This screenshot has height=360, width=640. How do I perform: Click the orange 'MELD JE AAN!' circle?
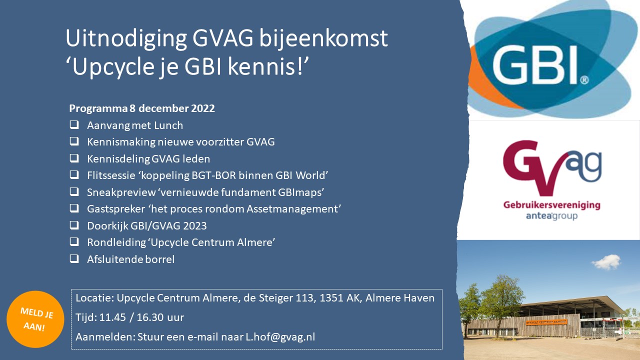(35, 319)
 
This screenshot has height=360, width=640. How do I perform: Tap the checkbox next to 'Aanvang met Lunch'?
(74, 125)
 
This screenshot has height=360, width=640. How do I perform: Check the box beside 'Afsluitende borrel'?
(74, 258)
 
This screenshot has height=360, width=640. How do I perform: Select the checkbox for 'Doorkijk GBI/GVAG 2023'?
(74, 225)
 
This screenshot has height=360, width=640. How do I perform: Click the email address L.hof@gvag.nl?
(280, 337)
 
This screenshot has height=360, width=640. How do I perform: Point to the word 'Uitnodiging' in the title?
(126, 39)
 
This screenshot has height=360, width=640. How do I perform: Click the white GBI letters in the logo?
(534, 65)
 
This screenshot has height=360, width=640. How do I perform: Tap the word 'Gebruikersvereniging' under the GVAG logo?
(551, 205)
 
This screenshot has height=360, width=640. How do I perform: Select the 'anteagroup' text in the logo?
(551, 216)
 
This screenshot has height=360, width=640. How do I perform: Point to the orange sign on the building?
(546, 322)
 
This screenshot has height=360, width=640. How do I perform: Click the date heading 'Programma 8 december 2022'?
(142, 108)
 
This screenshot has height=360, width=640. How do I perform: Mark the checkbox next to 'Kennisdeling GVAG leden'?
(74, 158)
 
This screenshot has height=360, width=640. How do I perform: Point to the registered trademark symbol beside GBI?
(584, 80)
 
